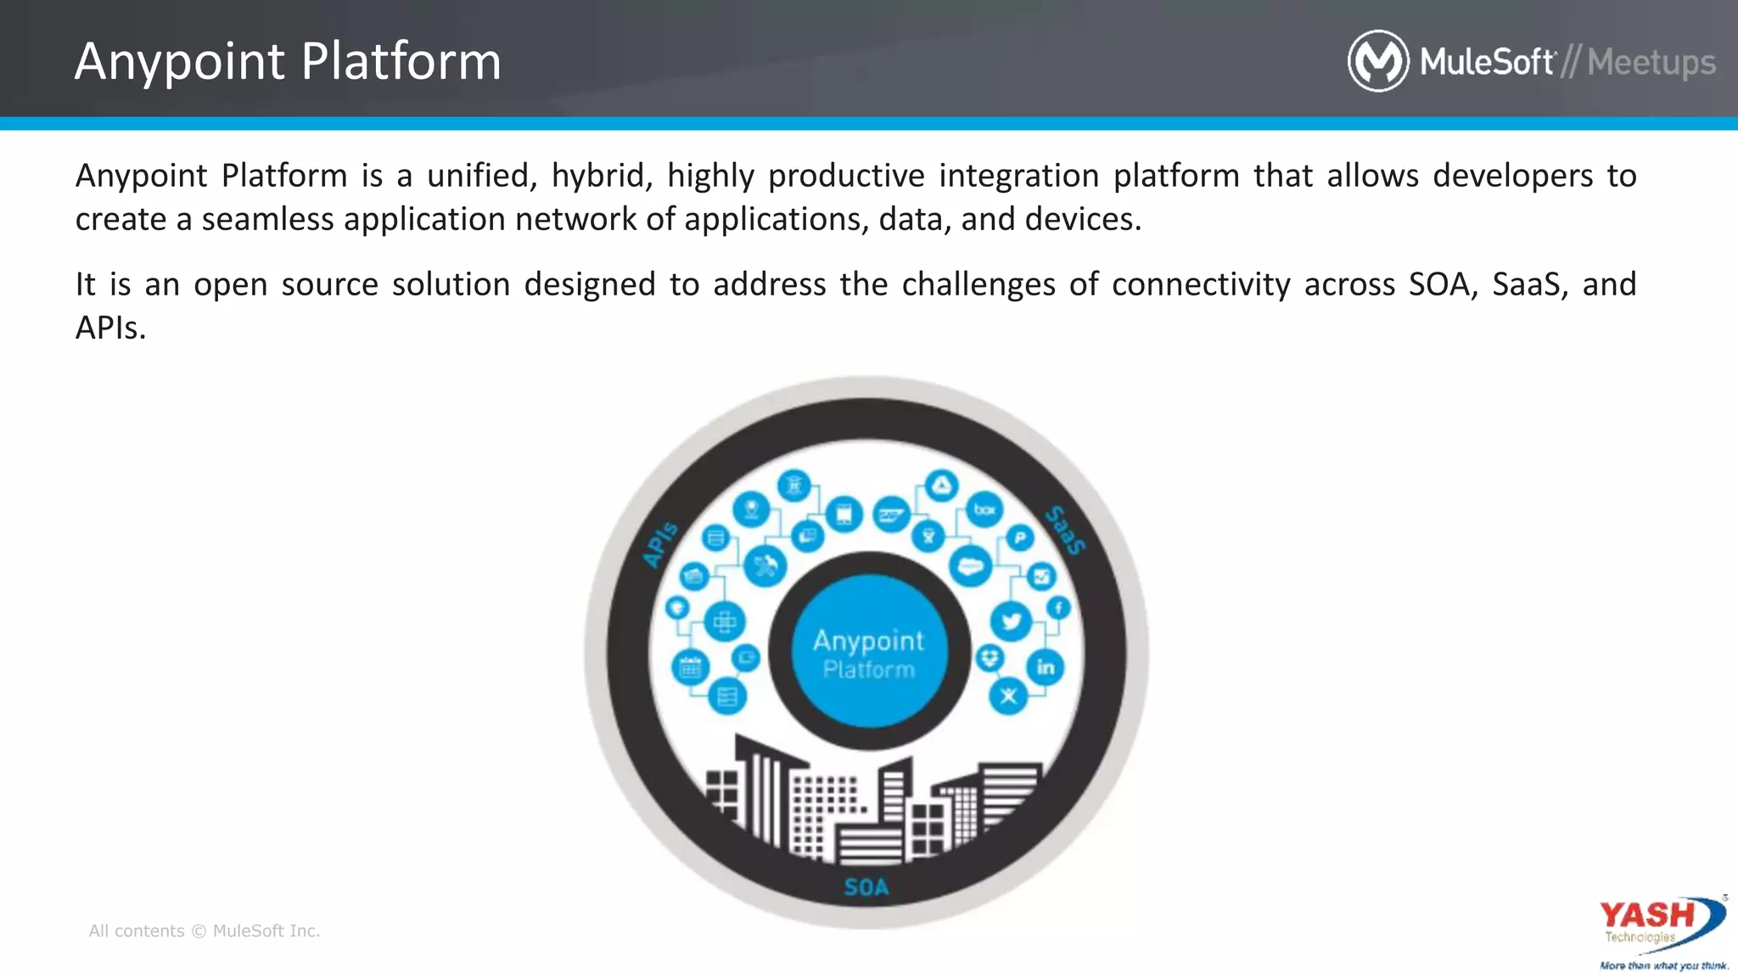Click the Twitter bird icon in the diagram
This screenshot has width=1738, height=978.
[1011, 621]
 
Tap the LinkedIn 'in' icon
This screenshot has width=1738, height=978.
[1046, 667]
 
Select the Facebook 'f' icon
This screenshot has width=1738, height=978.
[1058, 608]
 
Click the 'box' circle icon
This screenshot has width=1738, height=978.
[984, 509]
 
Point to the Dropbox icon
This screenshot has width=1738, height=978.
[990, 657]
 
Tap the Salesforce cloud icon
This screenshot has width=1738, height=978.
[971, 566]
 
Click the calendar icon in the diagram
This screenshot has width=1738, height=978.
[691, 667]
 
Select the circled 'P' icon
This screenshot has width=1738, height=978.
[1020, 537]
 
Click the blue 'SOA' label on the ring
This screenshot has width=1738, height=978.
[866, 887]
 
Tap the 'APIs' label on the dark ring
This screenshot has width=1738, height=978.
[660, 544]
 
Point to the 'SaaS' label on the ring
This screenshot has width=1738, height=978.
[1065, 530]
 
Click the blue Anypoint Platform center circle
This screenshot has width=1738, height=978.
[868, 652]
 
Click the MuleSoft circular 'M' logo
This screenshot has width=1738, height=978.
[1378, 61]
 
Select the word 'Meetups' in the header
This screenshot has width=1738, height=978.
[1651, 62]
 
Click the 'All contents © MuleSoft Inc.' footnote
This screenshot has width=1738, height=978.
[205, 930]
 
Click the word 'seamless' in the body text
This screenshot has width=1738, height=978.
[267, 219]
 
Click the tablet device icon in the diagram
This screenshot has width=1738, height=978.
[844, 514]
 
